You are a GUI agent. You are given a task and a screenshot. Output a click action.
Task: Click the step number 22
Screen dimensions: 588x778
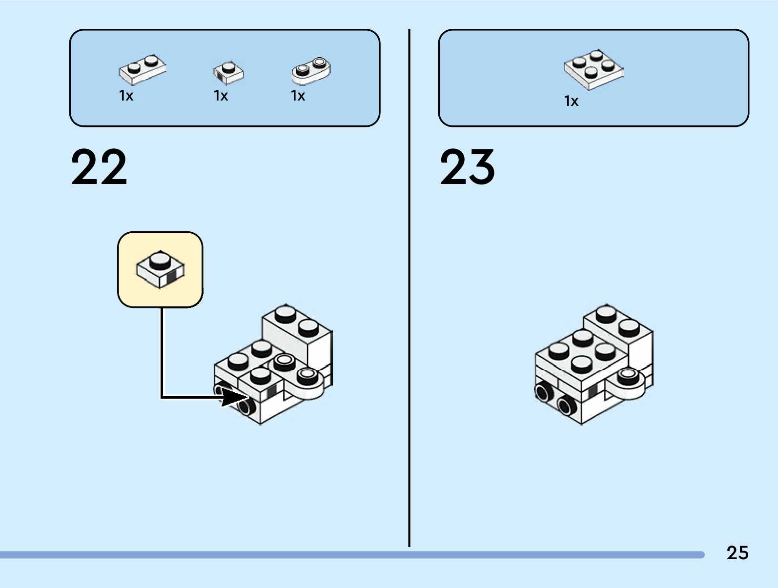(99, 167)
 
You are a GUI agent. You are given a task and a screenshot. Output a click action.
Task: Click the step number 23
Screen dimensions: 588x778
(468, 167)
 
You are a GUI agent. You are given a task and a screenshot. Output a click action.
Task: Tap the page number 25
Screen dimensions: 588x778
(737, 553)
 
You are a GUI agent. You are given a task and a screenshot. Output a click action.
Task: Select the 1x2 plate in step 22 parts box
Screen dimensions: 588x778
(143, 69)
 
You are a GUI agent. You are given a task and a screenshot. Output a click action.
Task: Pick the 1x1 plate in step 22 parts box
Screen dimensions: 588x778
(228, 72)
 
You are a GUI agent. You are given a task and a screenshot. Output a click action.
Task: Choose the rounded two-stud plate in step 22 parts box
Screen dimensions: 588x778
(311, 70)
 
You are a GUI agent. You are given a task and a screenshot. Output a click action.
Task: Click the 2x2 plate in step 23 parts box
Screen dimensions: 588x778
(594, 69)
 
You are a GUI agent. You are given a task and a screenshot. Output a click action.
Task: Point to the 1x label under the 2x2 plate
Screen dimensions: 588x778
(571, 101)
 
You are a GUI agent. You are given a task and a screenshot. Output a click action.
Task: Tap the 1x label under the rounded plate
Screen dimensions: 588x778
(298, 96)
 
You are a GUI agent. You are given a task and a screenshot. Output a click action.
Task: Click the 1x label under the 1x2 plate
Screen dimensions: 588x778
(126, 96)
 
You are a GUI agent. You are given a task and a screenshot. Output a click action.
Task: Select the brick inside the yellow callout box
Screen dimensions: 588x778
(160, 268)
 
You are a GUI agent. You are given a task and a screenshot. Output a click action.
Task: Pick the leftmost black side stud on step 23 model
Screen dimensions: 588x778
(542, 392)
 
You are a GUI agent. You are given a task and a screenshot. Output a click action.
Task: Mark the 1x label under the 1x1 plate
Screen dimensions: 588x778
(221, 96)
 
